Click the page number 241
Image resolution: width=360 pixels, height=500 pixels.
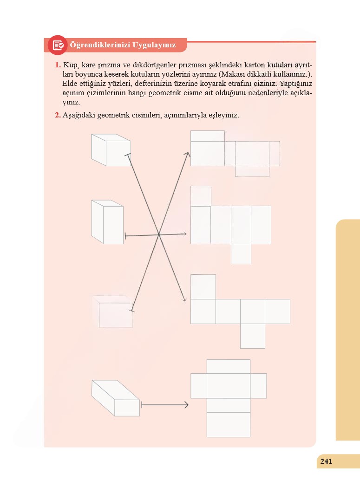326,461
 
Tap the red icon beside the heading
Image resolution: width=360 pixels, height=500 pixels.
58,45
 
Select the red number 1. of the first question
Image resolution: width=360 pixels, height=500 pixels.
58,65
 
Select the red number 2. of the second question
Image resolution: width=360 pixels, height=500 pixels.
58,115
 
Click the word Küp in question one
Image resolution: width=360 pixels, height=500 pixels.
70,65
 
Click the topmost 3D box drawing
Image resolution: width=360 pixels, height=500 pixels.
111,150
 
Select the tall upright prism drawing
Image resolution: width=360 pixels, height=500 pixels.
107,222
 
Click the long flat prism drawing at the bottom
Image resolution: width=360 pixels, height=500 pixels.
116,398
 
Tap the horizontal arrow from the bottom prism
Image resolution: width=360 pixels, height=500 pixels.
165,405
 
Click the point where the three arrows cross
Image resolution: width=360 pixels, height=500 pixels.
159,235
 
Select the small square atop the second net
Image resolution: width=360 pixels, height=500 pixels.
201,196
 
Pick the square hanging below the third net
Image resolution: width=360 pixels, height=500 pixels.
252,336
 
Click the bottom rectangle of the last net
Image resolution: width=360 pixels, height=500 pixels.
229,425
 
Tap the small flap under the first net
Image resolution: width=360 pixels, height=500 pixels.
252,171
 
